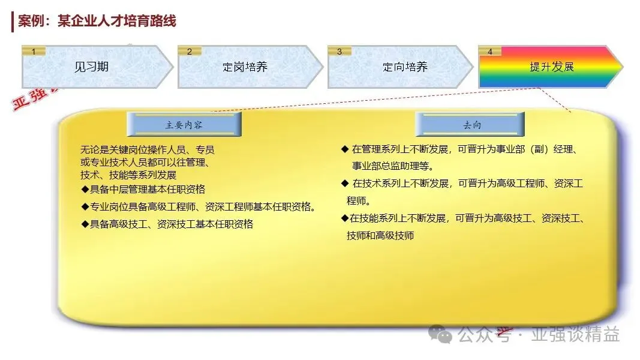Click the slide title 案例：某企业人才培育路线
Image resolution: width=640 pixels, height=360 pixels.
(x=97, y=21)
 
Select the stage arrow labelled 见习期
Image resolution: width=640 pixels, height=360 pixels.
(x=97, y=67)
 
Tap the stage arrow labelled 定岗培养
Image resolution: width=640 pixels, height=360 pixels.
(x=250, y=67)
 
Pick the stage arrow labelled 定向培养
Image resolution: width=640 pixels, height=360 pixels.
(x=400, y=67)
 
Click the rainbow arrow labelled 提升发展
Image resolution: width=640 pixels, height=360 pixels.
(x=551, y=67)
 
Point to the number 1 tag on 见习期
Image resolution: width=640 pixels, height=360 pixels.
(x=34, y=52)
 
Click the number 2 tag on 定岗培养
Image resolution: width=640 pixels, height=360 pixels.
(x=190, y=52)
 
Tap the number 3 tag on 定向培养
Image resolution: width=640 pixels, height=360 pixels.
(x=339, y=52)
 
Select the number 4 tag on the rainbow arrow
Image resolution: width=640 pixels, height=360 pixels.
(x=490, y=52)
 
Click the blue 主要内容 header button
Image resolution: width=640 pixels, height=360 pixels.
(x=184, y=124)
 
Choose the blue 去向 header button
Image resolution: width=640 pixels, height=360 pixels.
(x=470, y=124)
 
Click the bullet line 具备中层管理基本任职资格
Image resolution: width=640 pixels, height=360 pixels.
(x=143, y=190)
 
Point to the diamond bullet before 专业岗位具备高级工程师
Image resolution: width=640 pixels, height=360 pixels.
(x=85, y=207)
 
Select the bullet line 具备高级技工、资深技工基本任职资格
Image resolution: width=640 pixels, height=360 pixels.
(x=167, y=224)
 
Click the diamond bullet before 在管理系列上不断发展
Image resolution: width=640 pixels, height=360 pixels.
(x=345, y=149)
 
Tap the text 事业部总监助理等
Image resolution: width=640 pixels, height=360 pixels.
(x=393, y=166)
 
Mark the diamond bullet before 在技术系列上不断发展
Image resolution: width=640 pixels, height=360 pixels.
(x=345, y=184)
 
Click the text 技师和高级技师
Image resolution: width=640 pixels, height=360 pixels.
(x=380, y=236)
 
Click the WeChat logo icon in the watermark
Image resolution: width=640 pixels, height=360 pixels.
(x=440, y=335)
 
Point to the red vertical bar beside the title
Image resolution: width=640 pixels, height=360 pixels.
(x=13, y=22)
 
